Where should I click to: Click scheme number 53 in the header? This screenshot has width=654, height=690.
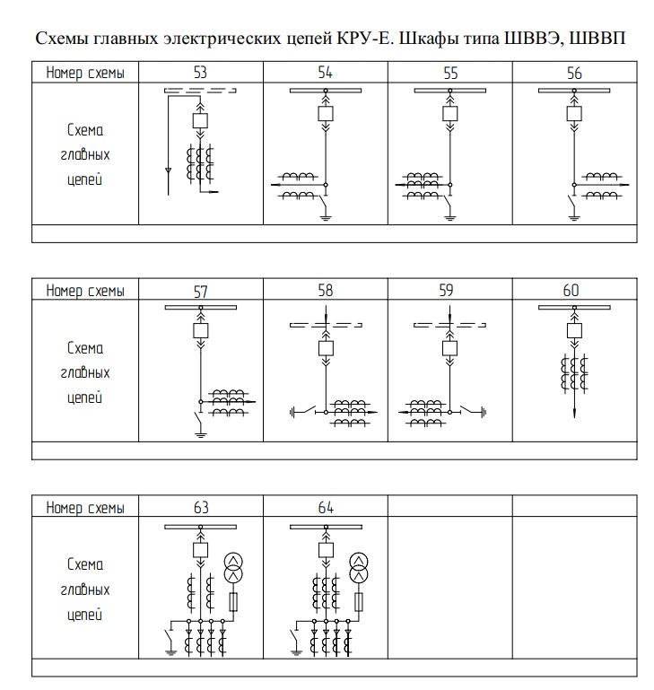point(200,73)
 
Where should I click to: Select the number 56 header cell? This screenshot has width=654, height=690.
point(574,73)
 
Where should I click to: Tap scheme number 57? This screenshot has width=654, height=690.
point(200,291)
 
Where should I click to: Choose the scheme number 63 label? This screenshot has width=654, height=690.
point(200,508)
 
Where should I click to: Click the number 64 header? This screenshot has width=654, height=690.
point(325,508)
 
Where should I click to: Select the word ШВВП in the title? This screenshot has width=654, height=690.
point(598,41)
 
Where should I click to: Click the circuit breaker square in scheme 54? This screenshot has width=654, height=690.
point(326,113)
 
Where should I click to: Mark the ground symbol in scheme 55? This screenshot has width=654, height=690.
point(451,217)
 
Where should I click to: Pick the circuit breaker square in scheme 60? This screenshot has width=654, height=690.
point(575,330)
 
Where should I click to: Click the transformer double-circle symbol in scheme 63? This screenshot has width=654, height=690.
point(234,566)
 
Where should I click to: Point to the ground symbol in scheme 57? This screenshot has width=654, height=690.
point(200,435)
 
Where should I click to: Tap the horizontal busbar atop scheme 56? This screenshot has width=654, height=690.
point(574,90)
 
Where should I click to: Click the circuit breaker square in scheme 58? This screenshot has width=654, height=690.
point(326,347)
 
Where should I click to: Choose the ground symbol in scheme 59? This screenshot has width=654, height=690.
point(484,412)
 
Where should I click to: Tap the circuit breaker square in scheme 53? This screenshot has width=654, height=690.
point(201,119)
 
